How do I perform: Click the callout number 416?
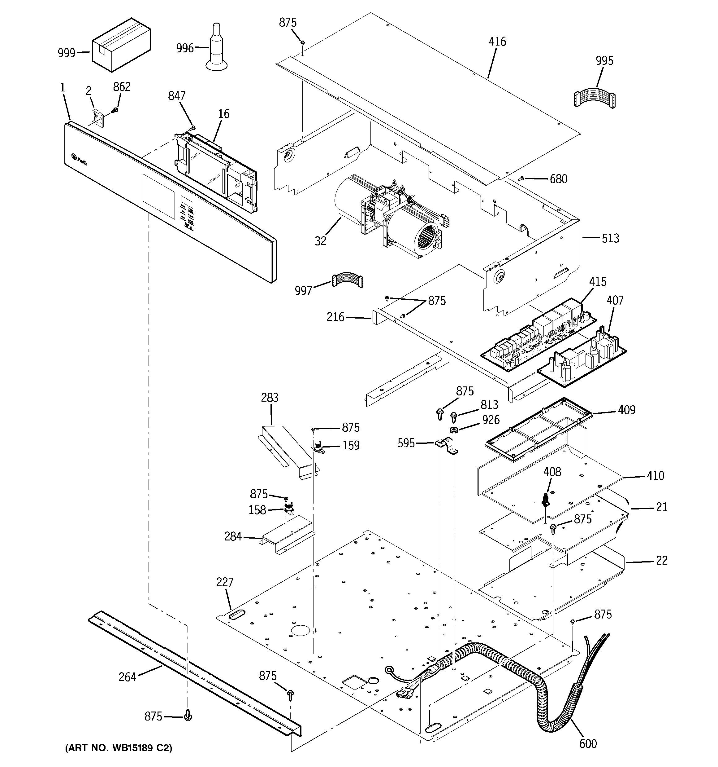coord(497,42)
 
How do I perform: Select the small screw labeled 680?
coord(522,178)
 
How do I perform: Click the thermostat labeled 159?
coord(318,447)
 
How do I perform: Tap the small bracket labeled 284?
coord(287,536)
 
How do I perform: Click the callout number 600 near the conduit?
coord(588,743)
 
